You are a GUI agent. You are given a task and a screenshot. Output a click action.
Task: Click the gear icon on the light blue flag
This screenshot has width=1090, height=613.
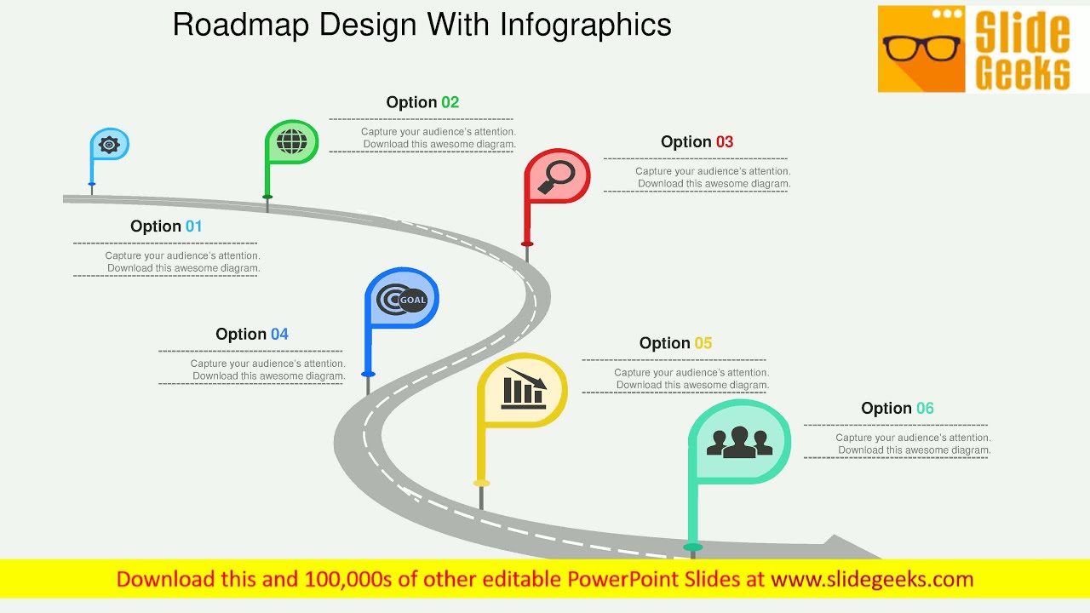point(109,145)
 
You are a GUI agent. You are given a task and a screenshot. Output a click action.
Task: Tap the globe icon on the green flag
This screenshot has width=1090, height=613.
point(291,140)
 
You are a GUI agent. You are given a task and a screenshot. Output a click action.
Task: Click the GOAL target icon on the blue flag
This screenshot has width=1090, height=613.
point(401,300)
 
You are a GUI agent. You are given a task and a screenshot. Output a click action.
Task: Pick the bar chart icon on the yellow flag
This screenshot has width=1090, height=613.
point(523,388)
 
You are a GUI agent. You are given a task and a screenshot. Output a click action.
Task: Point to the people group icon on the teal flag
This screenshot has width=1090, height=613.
point(739,442)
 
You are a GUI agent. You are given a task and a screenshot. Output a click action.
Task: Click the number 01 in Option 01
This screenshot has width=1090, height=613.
point(193,226)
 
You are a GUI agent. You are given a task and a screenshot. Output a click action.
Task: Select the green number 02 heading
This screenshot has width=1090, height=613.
point(450,103)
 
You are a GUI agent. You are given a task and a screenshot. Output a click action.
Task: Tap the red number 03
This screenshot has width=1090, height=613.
point(724,142)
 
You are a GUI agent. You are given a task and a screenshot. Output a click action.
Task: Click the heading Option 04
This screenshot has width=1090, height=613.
point(252,335)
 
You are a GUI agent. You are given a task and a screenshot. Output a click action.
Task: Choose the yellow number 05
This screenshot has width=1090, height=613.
point(703,343)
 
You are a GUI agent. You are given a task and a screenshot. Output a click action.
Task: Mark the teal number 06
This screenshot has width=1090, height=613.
point(924,409)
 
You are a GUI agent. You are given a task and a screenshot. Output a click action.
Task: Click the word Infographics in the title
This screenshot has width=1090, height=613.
point(586,25)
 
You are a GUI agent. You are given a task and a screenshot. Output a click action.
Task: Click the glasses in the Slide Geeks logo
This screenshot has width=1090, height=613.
point(921,49)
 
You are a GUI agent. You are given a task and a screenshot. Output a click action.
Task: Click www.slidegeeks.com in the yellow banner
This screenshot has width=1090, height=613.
point(872,580)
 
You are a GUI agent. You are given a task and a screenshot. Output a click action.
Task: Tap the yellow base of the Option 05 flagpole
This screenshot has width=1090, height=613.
point(481,483)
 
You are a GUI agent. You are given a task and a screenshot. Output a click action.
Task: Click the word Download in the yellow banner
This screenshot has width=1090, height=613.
point(165,580)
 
